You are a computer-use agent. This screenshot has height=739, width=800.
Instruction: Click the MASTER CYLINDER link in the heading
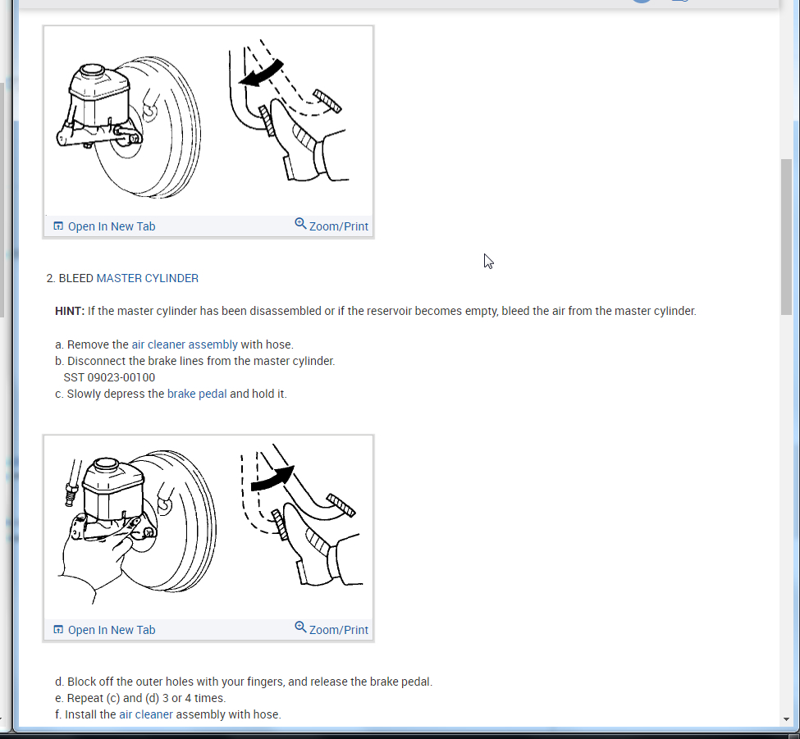click(147, 279)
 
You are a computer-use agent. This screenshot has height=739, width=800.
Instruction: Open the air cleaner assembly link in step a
click(185, 344)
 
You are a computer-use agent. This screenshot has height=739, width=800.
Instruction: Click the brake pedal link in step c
click(197, 395)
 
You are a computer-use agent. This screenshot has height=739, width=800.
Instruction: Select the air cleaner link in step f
click(146, 714)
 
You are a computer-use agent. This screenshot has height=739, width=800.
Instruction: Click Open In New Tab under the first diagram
click(104, 226)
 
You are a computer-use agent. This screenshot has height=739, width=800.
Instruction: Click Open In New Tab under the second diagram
click(104, 630)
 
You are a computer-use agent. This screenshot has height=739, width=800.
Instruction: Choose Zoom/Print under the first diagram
click(331, 226)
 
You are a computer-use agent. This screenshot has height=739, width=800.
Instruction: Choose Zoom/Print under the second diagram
click(331, 629)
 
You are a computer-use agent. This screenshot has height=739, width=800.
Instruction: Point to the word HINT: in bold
click(70, 311)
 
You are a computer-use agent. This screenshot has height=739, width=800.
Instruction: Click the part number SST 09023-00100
click(109, 378)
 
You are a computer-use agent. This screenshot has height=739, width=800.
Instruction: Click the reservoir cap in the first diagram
click(93, 70)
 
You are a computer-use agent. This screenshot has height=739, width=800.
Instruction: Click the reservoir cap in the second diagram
click(107, 464)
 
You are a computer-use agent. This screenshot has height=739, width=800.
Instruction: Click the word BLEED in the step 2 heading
click(76, 279)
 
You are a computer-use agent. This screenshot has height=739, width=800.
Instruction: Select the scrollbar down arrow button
click(786, 719)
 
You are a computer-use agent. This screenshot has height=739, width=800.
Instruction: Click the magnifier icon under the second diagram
click(300, 627)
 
